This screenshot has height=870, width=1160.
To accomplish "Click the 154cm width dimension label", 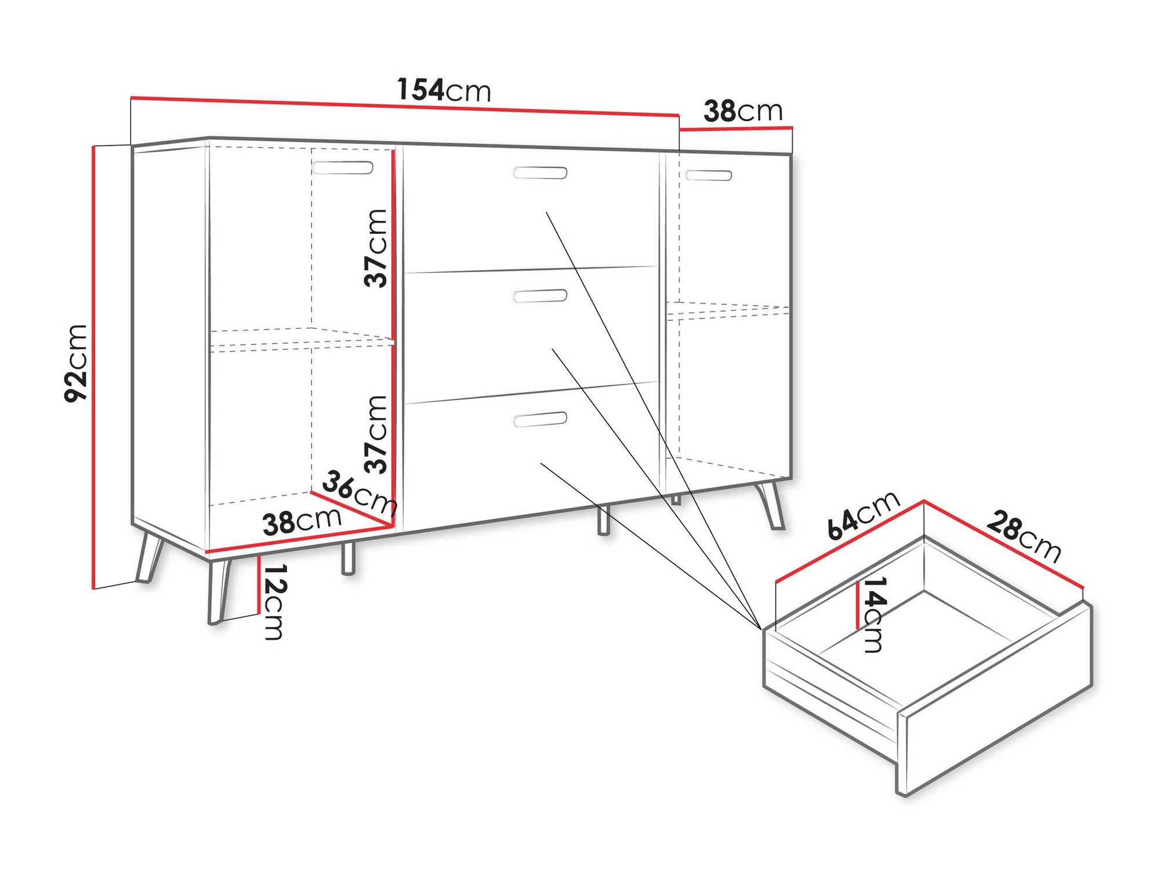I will coord(444,90).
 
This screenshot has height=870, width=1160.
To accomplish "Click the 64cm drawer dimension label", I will coord(862,515).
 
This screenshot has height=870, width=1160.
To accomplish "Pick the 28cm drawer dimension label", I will coord(1024,536).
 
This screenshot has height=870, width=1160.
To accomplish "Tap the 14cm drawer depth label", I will coord(873,614).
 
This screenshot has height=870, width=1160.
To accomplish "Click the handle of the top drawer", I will coord(540,172).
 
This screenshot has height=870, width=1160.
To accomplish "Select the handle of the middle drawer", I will coord(540,296).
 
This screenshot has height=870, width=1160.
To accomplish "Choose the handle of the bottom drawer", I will coord(540,419).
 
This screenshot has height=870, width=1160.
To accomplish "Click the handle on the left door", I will coord(343,168).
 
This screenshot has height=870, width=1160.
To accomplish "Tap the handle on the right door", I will coord(708,175).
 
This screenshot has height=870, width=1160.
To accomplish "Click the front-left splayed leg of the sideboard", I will coord(218,592).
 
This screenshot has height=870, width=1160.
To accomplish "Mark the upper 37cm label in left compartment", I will coord(376,248).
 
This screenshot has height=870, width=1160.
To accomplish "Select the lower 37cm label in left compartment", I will coord(376,434).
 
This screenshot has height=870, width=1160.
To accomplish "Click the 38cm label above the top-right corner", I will coord(743,111).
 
